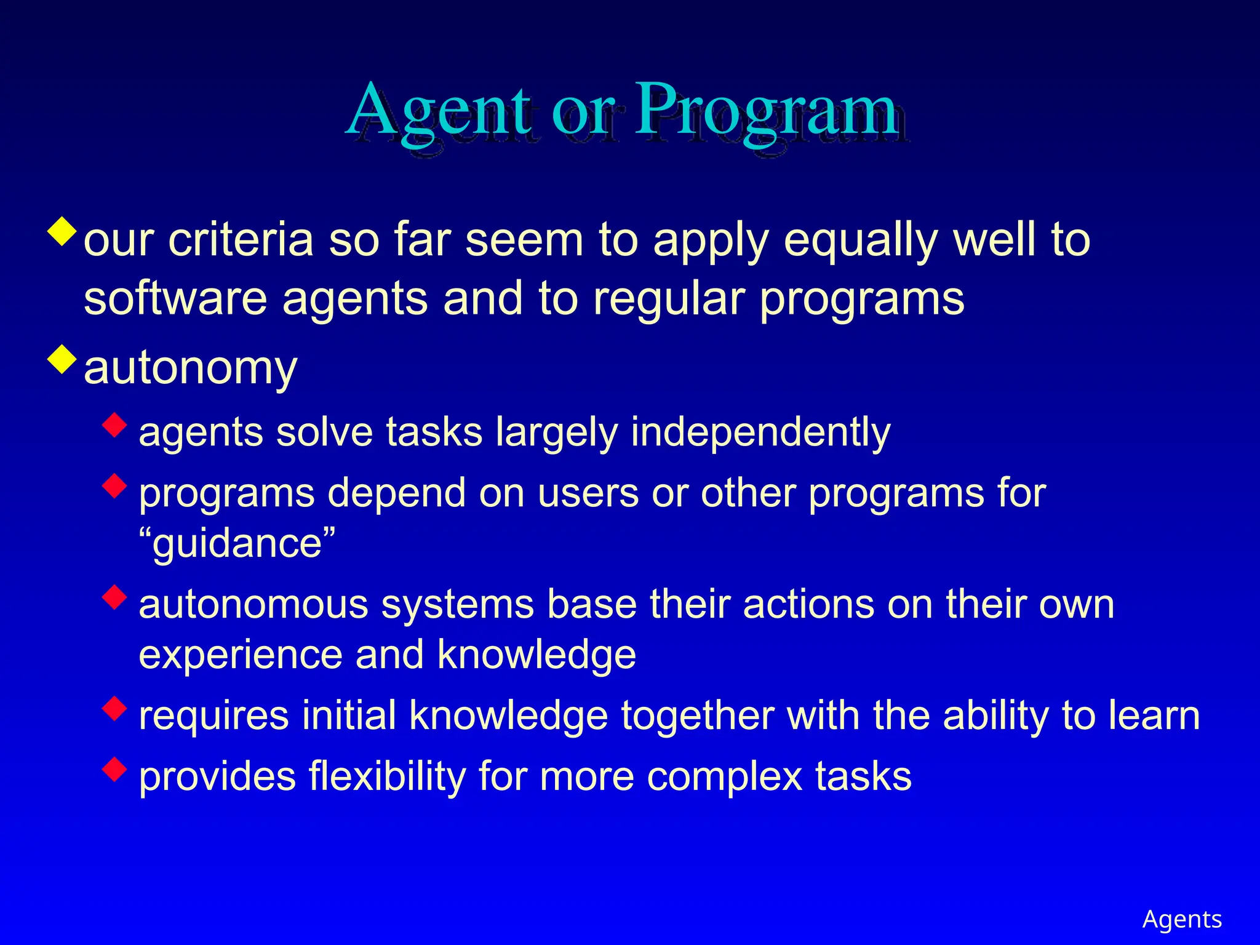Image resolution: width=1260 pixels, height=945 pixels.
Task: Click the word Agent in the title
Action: [438, 111]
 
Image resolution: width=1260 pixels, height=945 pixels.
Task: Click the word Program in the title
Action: [766, 111]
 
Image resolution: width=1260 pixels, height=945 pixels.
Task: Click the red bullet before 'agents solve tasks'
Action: [115, 425]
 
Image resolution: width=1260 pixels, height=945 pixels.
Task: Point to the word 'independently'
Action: [760, 433]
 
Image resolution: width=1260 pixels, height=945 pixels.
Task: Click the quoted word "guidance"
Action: [237, 543]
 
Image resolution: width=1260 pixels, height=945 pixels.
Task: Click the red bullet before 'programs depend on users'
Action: [115, 485]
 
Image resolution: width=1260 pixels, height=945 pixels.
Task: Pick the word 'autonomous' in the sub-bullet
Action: [253, 604]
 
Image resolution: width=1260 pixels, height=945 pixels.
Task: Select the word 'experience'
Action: [240, 655]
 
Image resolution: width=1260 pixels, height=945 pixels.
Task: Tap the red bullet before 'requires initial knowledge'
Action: [115, 708]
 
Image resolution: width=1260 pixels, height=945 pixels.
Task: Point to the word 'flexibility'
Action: [388, 776]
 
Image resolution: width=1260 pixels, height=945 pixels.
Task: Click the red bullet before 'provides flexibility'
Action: [115, 768]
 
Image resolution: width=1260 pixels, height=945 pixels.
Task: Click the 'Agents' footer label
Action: [1182, 919]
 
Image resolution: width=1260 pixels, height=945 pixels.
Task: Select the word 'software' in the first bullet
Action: [175, 299]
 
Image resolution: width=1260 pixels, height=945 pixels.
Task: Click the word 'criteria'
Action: [241, 240]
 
